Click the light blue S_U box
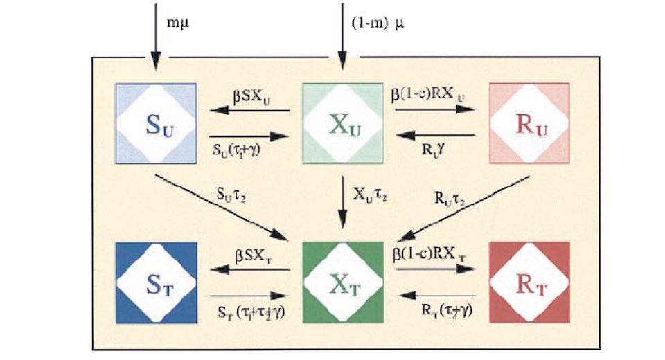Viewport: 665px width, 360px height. click(156, 123)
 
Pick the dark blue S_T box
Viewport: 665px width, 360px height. click(156, 282)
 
